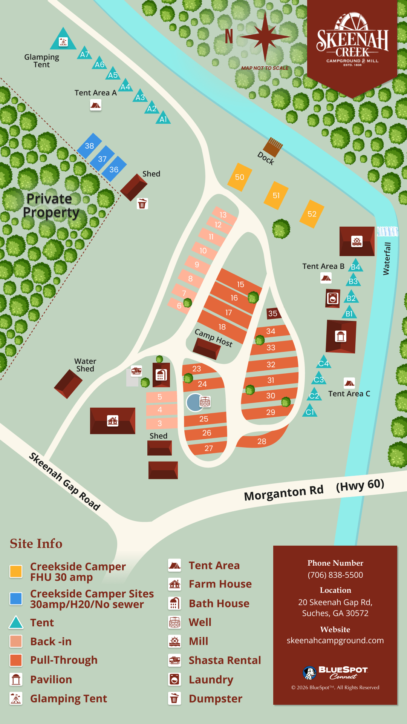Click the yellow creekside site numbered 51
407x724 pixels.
click(276, 195)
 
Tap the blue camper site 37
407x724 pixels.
click(102, 159)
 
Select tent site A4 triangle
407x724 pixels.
click(125, 87)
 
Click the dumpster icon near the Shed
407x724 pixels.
click(142, 204)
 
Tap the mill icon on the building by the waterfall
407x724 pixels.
click(357, 241)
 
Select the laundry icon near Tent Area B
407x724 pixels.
click(333, 299)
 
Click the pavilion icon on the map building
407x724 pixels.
click(341, 336)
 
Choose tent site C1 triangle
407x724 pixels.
click(310, 411)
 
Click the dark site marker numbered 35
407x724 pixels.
click(273, 313)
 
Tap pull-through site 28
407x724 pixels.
click(262, 441)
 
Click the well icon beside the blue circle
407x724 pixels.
click(205, 402)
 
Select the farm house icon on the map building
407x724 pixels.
click(112, 420)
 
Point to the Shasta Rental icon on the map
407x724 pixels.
click(136, 371)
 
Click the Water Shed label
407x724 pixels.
click(85, 365)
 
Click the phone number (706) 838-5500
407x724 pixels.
click(335, 575)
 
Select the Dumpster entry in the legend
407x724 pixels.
click(215, 699)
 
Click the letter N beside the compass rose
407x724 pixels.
click(229, 37)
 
